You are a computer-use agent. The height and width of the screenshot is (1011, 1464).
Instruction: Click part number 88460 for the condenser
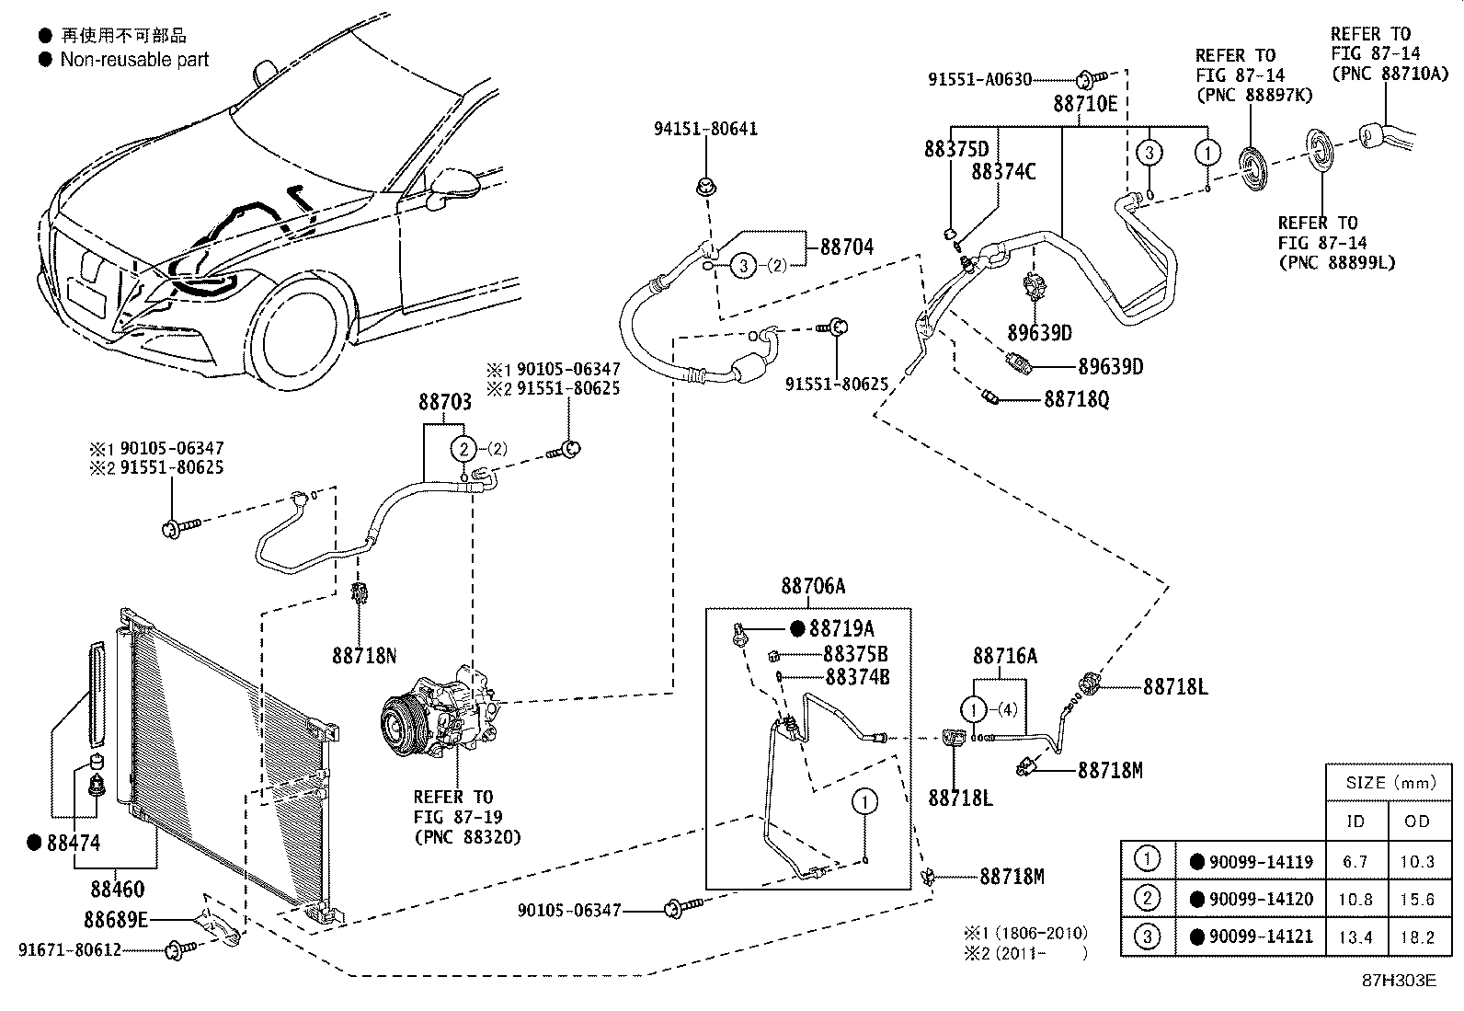[x=117, y=890]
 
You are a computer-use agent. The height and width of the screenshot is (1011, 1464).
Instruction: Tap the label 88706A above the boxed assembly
[x=813, y=586]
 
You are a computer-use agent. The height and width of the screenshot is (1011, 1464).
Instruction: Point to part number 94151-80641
[x=705, y=129]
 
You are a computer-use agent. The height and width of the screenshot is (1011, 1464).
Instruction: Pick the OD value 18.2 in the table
[x=1417, y=937]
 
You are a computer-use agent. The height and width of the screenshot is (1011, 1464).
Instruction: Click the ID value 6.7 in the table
[x=1355, y=862]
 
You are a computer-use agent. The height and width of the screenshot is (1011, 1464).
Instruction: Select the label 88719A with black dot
[x=841, y=628]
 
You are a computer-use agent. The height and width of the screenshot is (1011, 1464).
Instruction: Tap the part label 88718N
[x=364, y=656]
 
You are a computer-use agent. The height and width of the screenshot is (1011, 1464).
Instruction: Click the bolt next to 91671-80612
[x=177, y=948]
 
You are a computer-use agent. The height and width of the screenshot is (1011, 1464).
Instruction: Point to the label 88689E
[x=116, y=919]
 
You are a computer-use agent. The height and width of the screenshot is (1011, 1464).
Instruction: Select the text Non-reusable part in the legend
[x=134, y=60]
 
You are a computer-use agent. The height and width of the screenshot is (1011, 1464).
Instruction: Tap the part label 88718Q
[x=1076, y=400]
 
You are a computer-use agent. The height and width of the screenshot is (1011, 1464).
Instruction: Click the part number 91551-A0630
[x=979, y=80]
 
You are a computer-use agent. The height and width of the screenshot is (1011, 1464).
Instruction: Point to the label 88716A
[x=1005, y=656]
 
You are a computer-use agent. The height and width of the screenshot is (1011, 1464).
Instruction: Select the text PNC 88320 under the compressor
[x=467, y=836]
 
